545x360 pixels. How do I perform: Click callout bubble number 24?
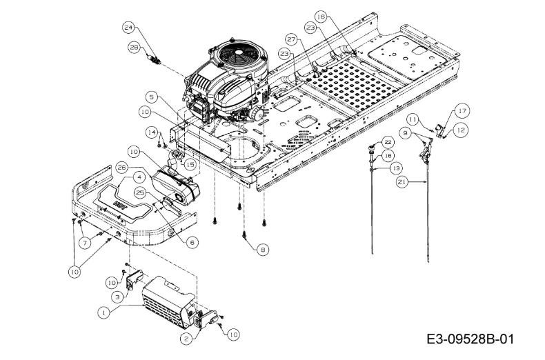128,28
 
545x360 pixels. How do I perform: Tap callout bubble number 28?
133,48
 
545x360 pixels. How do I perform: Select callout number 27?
291,39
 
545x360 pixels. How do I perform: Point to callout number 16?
321,17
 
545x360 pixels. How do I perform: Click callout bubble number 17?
462,111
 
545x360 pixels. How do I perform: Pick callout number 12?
461,130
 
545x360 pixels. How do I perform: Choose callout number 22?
388,142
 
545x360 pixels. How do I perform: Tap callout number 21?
402,182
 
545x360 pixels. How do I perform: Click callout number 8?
263,249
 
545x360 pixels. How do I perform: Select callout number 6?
192,242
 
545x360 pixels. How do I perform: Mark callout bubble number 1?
103,312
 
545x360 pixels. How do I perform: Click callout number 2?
186,339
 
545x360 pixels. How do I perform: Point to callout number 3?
117,297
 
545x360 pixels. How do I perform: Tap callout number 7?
85,243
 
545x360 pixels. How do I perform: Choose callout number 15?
190,164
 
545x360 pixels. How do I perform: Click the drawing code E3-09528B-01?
470,338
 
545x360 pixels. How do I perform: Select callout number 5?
152,97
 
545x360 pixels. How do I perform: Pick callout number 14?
152,132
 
